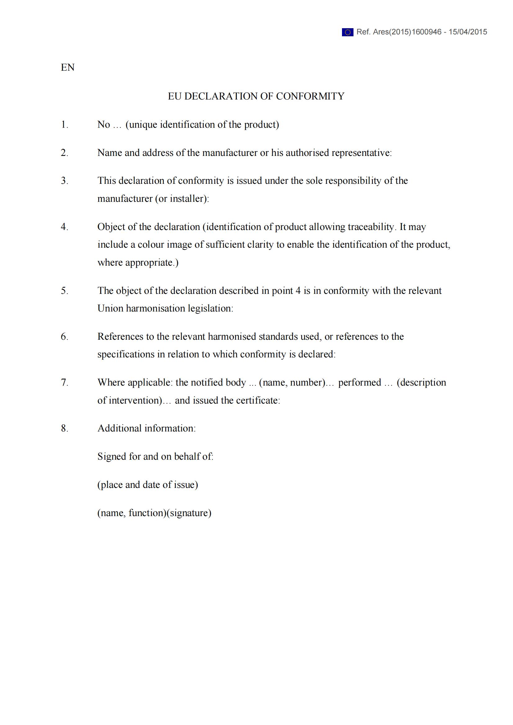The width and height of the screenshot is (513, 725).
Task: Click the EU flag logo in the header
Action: (347, 32)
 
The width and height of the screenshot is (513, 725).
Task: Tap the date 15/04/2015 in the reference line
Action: (467, 32)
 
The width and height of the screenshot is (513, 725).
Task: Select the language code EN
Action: (68, 67)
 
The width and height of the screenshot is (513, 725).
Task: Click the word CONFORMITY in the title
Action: (310, 96)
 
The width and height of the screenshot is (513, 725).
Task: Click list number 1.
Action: (65, 124)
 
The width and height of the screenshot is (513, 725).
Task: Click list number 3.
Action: (65, 181)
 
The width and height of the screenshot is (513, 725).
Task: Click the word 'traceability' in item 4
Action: (371, 227)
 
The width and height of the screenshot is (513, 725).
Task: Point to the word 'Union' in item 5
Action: (110, 308)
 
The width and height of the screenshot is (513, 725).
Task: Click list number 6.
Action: (65, 337)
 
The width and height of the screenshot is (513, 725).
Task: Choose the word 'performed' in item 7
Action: (359, 382)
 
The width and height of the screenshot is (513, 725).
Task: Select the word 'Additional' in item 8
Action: (119, 428)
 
